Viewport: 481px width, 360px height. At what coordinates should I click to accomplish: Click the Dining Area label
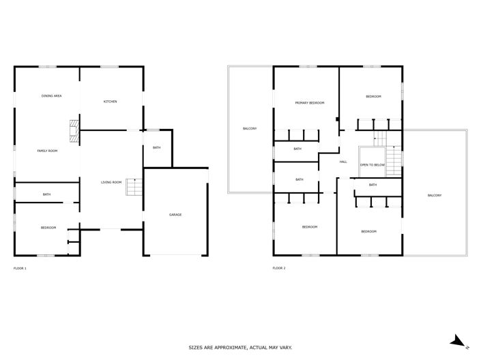click(52, 96)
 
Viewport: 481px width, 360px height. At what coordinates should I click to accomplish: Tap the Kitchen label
click(110, 102)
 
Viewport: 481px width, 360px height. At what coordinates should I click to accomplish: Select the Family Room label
click(47, 151)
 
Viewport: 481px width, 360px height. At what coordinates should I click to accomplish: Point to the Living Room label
click(111, 182)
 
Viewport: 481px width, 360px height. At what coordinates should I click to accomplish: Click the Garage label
click(175, 215)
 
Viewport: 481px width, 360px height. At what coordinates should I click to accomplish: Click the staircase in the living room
click(134, 186)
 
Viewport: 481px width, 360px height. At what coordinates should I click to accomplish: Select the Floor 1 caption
click(20, 268)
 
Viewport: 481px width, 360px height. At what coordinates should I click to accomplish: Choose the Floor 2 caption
click(279, 268)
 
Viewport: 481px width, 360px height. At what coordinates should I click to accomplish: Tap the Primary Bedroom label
click(309, 103)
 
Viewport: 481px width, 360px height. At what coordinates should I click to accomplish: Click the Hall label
click(343, 162)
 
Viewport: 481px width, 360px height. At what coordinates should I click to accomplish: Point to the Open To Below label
click(373, 165)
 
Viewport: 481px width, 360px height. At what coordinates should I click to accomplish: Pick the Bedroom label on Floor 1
click(48, 228)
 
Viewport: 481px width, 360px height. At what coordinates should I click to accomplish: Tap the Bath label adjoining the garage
click(157, 148)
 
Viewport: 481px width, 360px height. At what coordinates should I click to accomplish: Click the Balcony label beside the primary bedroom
click(250, 129)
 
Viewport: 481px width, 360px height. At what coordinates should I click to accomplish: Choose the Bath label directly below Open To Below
click(373, 185)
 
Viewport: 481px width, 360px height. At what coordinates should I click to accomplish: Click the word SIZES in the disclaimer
click(197, 348)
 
